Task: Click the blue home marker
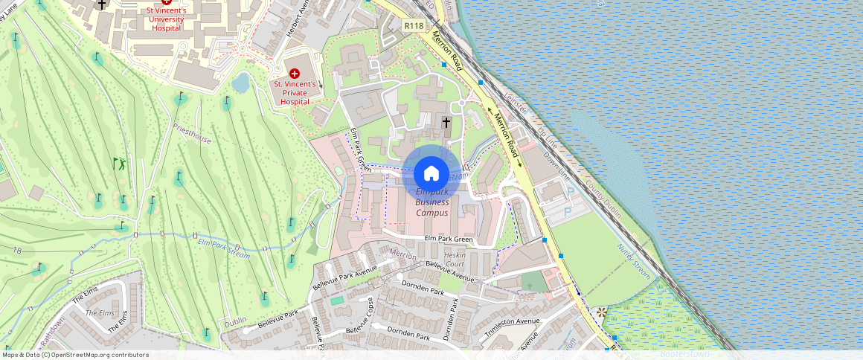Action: tap(431, 174)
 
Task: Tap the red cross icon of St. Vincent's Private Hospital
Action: tap(294, 73)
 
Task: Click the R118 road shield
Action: tap(414, 25)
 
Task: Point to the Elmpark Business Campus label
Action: tap(431, 202)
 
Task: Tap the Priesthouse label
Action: tap(191, 136)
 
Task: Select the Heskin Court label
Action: tap(455, 260)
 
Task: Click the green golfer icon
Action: tap(118, 163)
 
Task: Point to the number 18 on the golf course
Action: tap(16, 251)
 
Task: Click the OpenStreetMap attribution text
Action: tap(75, 355)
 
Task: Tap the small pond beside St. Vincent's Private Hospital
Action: tap(240, 83)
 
